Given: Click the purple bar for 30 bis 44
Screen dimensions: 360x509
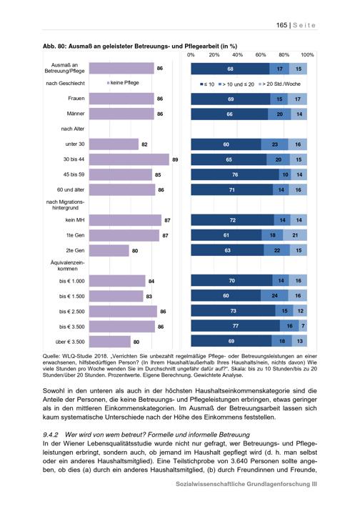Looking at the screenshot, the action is coord(129,159).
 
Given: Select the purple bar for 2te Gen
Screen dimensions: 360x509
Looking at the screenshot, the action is coord(109,251).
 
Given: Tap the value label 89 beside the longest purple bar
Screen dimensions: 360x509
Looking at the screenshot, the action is coord(175,159).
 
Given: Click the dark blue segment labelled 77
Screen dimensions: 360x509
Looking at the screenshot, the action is coord(236,326).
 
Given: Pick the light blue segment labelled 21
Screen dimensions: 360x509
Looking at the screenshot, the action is coord(295,235).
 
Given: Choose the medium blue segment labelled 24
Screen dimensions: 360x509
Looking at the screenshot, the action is coord(274,296).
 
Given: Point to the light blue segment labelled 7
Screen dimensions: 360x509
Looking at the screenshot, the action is coord(303,326).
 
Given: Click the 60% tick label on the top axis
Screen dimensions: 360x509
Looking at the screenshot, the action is coord(261,55).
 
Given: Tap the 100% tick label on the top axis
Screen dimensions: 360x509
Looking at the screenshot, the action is coord(307,55).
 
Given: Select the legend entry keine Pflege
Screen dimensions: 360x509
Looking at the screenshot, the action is coord(123,83).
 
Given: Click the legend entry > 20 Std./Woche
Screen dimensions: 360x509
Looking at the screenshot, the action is coord(279,84).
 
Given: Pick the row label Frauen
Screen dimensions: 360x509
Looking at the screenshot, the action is coord(76,99).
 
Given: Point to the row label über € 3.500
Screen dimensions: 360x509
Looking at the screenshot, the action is coord(70,342).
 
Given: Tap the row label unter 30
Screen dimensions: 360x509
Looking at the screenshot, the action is coord(75,144).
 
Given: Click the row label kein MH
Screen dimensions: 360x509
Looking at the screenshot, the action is coord(75,220).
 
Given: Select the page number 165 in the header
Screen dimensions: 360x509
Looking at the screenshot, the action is coord(281,25).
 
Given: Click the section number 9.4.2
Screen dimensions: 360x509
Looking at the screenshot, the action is coord(50,435).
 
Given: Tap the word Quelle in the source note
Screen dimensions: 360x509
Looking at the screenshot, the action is coord(50,356).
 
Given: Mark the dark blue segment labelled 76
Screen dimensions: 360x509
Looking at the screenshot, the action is coord(235,174).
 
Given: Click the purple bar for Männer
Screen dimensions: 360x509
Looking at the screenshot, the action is coord(121,114).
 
